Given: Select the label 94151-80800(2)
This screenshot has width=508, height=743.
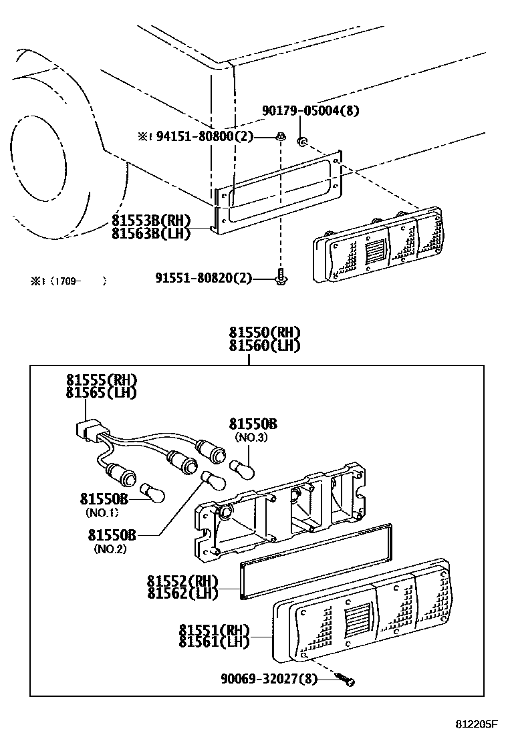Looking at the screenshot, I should pyautogui.click(x=205, y=136).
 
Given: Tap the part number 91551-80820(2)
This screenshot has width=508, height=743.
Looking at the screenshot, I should pyautogui.click(x=204, y=277).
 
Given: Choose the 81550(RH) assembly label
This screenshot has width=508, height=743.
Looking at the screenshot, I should pyautogui.click(x=264, y=333).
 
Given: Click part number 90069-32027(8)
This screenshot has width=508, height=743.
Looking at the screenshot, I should pyautogui.click(x=269, y=679).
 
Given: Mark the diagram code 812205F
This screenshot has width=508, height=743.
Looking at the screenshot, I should pyautogui.click(x=477, y=724).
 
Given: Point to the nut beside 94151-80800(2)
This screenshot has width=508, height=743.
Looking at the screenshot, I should pyautogui.click(x=281, y=137).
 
